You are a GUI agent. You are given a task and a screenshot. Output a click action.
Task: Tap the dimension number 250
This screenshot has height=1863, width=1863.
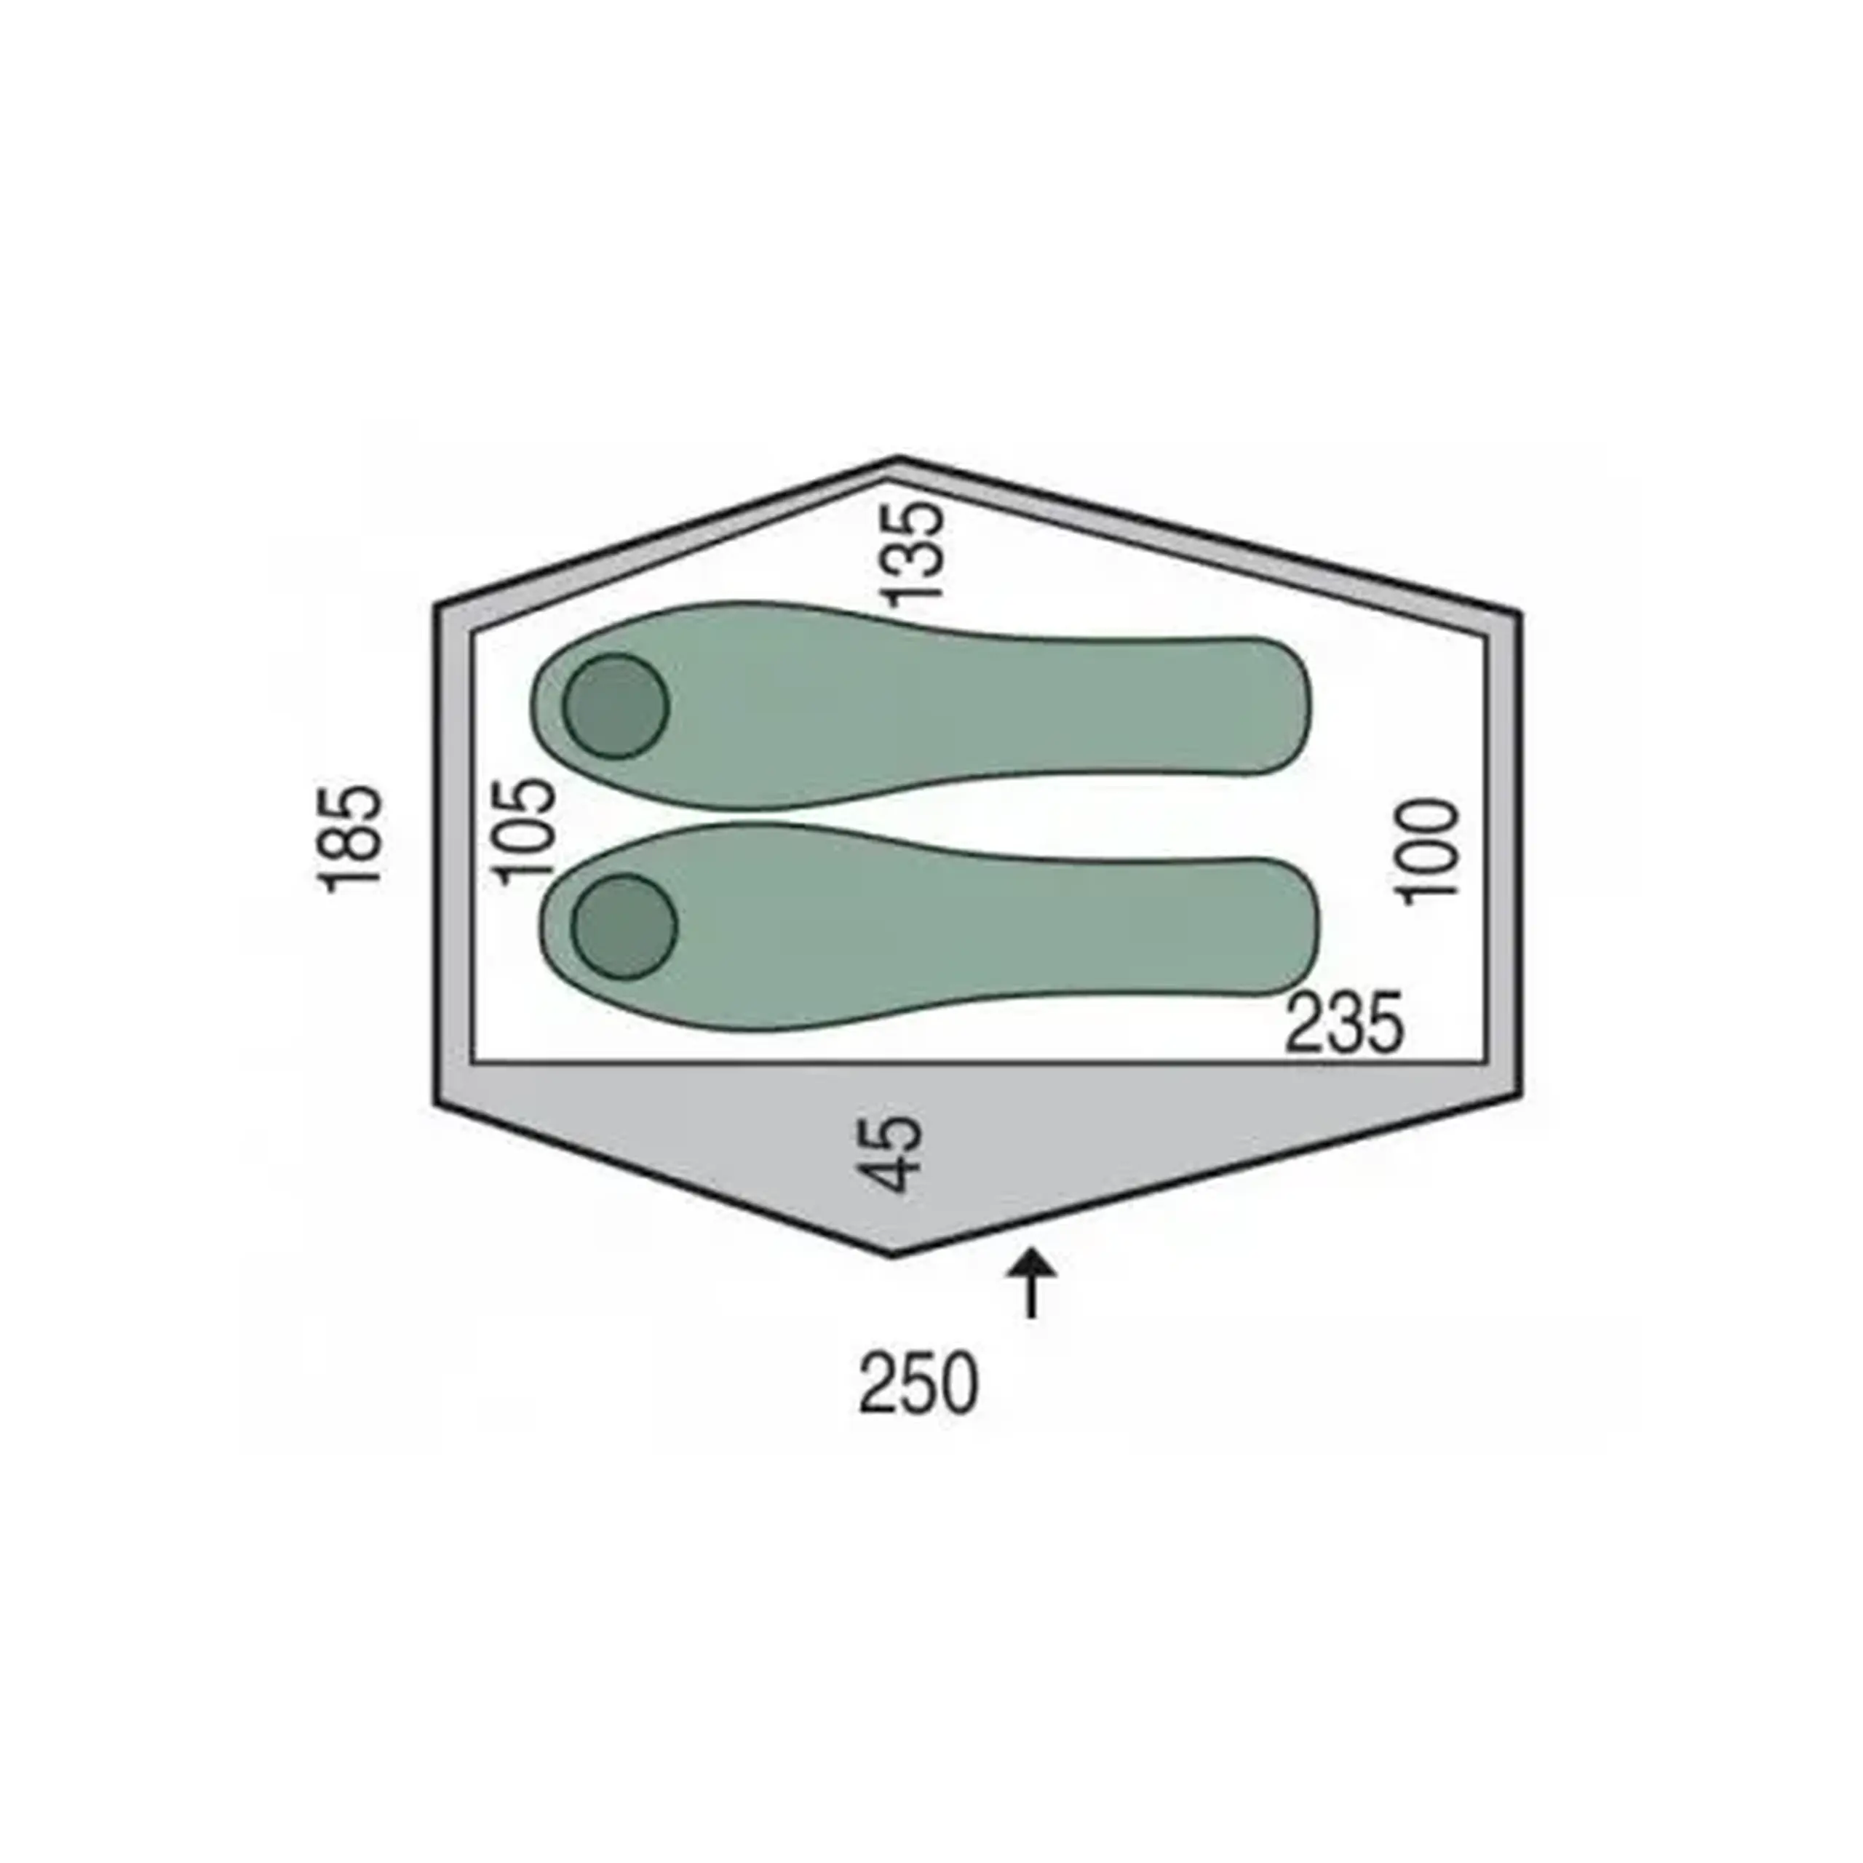point(918,1383)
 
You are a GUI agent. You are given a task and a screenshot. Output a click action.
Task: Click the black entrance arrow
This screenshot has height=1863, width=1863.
point(1030,1284)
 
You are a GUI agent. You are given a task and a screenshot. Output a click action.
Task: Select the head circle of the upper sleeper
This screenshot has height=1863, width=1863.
point(615,706)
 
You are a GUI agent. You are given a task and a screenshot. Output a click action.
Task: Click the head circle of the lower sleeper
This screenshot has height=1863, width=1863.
point(624,926)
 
